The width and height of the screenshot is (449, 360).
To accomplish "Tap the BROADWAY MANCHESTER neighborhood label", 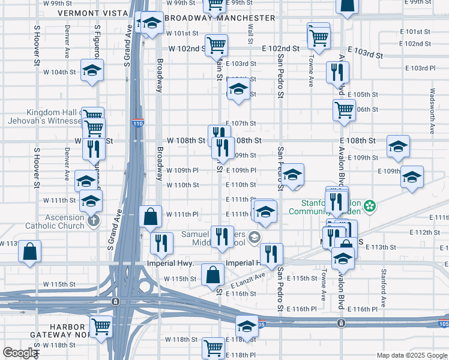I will (219, 18).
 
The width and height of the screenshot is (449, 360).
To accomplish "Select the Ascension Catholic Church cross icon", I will (92, 221).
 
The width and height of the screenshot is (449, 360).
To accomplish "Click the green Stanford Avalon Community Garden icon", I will (371, 206).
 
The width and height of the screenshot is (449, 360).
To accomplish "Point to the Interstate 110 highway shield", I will (137, 124).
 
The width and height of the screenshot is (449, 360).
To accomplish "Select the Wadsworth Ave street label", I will (432, 112).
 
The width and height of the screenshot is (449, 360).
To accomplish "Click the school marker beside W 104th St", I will (91, 71).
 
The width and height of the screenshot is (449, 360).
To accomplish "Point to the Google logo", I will (20, 353).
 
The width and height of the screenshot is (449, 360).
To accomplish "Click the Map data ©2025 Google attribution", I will (411, 355).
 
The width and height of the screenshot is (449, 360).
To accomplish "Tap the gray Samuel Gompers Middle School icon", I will (255, 238).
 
